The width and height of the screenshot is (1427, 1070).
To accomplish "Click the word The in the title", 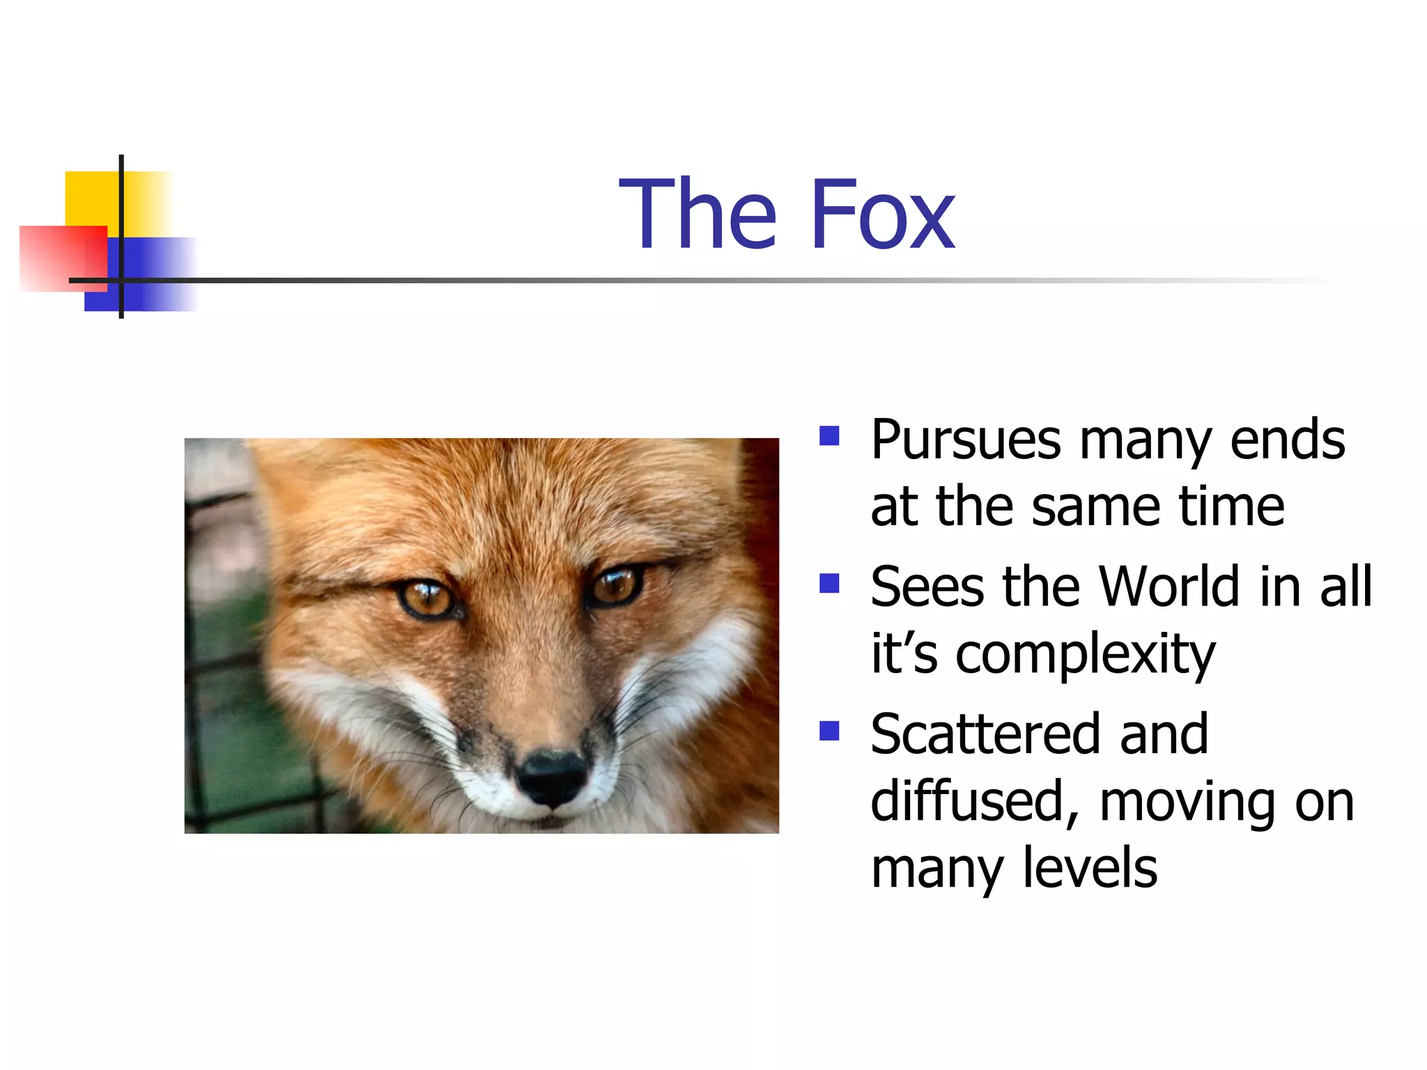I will (697, 214).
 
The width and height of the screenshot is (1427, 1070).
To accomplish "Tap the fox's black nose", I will (550, 777).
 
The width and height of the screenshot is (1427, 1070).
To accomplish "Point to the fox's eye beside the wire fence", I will (426, 598).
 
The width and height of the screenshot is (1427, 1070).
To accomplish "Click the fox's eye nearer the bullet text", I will (616, 585).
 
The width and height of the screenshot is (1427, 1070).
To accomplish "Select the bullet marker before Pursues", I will (829, 436).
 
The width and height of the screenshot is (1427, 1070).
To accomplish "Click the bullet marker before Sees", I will (829, 583).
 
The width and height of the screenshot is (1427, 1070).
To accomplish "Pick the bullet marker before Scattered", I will (829, 731).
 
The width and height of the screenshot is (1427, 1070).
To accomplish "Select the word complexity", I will (1085, 655).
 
